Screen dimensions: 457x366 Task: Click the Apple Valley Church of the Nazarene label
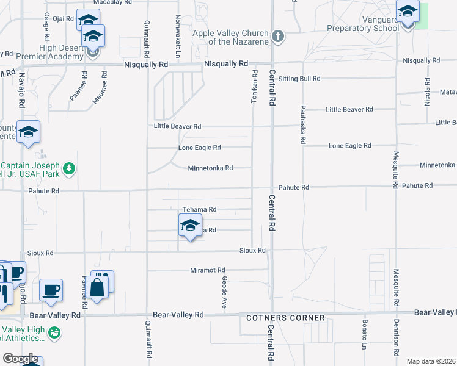coord(230,37)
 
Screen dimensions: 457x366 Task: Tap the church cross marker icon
coord(278,36)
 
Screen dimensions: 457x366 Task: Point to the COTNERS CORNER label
coord(285,318)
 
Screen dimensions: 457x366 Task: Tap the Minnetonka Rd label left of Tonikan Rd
coord(210,168)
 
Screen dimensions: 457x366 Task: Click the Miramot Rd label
coord(208,270)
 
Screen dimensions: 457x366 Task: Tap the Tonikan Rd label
coord(254,85)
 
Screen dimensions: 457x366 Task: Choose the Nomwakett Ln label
coord(177,30)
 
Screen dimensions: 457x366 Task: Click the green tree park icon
coord(70,168)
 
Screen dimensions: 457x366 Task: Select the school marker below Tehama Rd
coord(190,226)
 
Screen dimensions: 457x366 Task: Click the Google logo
coord(20,359)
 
